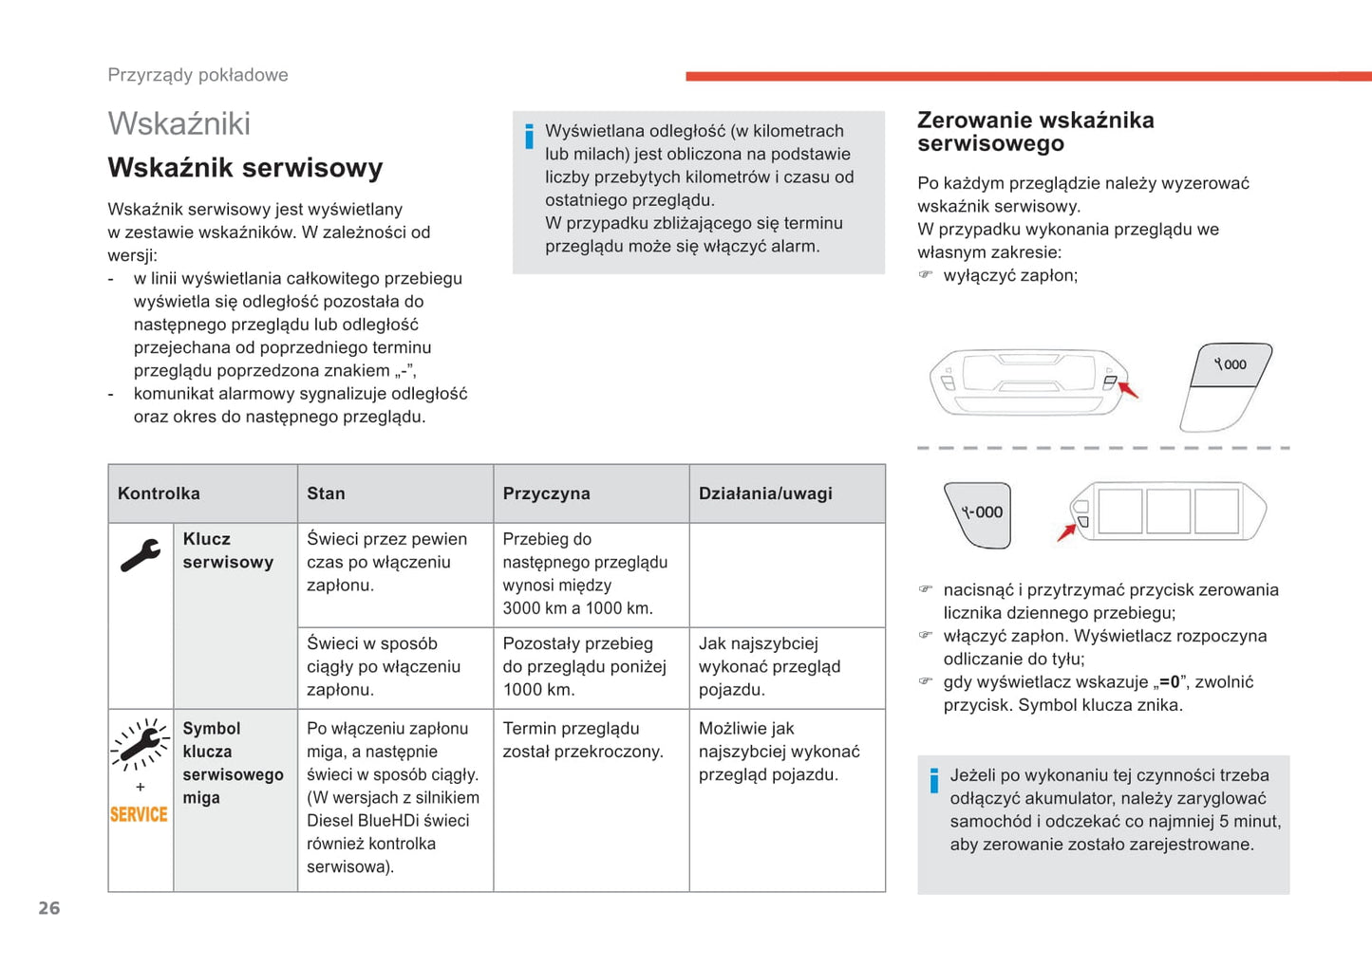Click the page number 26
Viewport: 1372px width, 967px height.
pos(49,908)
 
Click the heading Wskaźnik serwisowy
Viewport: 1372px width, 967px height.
pos(245,168)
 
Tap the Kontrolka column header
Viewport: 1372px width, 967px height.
pos(159,493)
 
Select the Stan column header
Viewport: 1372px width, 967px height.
pos(326,493)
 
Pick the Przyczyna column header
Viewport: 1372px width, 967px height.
pos(546,493)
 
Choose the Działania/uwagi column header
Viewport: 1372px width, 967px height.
pos(765,493)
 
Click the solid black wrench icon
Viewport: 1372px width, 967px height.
pos(141,555)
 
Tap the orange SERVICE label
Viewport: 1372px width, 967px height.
pos(139,814)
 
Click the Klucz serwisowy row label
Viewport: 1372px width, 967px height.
pos(228,550)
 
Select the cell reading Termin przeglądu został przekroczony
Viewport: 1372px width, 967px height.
pos(583,740)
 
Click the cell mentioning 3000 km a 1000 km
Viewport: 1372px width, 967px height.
pos(585,573)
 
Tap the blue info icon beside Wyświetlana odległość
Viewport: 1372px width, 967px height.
pos(529,137)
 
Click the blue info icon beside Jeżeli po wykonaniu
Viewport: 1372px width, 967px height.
pos(934,780)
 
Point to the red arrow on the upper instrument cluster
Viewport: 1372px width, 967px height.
pos(1128,389)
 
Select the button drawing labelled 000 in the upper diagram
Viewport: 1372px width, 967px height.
pos(1231,365)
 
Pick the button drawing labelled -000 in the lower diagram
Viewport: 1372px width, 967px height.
pos(981,513)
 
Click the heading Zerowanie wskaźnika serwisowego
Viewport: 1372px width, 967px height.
pos(1035,132)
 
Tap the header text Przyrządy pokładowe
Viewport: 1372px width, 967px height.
pos(197,75)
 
